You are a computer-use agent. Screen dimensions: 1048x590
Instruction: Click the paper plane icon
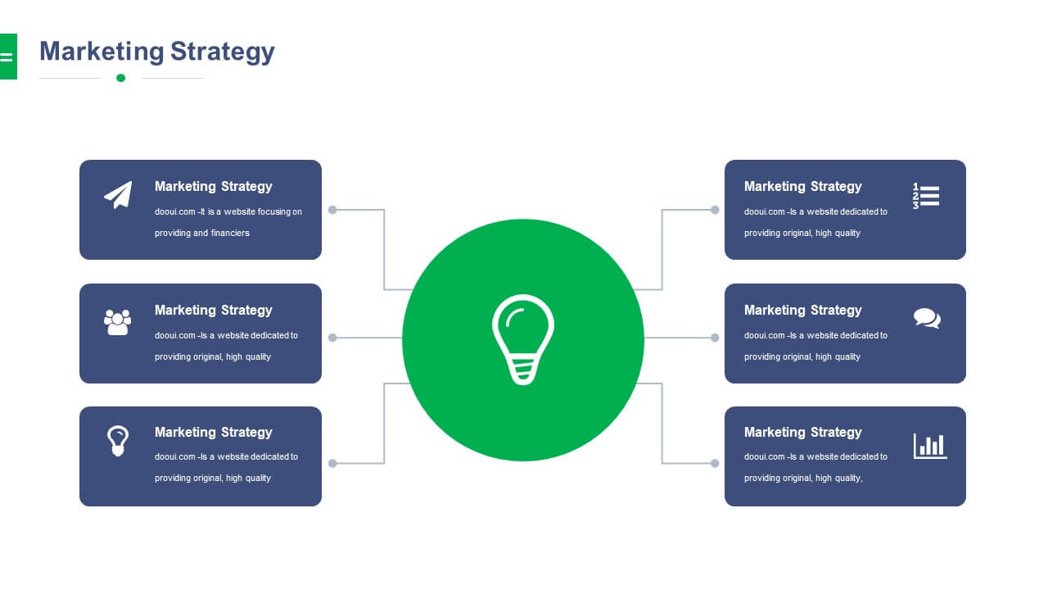coord(119,195)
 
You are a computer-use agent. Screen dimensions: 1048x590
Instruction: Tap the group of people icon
coord(117,322)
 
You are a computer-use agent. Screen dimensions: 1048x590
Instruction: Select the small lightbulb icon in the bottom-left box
coord(117,441)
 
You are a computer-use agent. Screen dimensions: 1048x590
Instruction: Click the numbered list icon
coord(926,196)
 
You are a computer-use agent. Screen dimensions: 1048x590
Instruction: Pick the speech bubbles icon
coord(927,319)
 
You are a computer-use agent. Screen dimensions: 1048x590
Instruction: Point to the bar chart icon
coord(930,446)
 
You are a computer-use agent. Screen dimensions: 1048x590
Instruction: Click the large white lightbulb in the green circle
coord(523,339)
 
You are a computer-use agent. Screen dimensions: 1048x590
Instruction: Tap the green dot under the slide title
coord(120,78)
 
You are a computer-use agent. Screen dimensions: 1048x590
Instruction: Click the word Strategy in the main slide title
coord(222,52)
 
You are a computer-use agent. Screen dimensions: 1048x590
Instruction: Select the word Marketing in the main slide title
coord(102,52)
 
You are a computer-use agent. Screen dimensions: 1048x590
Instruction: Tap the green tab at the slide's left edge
coord(8,57)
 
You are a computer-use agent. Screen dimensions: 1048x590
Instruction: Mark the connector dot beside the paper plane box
coord(332,210)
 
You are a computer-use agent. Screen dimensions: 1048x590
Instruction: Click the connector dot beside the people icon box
coord(332,338)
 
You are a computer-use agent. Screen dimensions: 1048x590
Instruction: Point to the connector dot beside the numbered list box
coord(715,210)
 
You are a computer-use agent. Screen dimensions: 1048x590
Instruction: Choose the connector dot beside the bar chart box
coord(715,464)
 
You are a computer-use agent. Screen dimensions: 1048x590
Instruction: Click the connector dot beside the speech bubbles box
coord(715,338)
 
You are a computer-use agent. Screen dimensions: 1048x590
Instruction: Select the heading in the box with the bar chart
coord(803,433)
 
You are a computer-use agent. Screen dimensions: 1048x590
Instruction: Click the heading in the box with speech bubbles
coord(803,311)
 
